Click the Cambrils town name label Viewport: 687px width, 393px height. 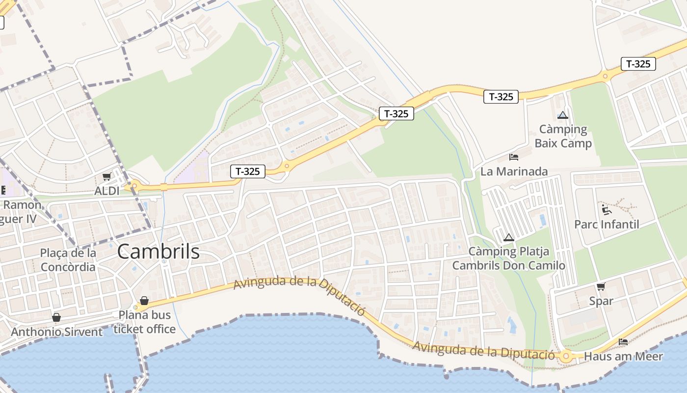pyautogui.click(x=158, y=252)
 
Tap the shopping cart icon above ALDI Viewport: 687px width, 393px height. pyautogui.click(x=106, y=177)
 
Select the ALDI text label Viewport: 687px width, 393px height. pyautogui.click(x=106, y=191)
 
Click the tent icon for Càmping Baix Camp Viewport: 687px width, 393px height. pyautogui.click(x=562, y=115)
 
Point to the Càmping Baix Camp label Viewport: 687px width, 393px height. pyautogui.click(x=563, y=137)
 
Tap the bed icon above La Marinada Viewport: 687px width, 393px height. pyautogui.click(x=514, y=157)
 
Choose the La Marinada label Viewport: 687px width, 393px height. pyautogui.click(x=514, y=171)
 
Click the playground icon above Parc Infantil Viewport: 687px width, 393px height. pyautogui.click(x=607, y=210)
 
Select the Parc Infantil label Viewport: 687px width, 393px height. pyautogui.click(x=607, y=225)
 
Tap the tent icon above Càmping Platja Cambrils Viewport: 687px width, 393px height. pyautogui.click(x=508, y=238)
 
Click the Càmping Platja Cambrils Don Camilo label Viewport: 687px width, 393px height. pyautogui.click(x=508, y=258)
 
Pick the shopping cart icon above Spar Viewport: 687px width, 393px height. pyautogui.click(x=601, y=286)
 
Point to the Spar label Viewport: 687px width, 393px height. pyautogui.click(x=601, y=301)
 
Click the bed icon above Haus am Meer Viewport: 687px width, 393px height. pyautogui.click(x=623, y=342)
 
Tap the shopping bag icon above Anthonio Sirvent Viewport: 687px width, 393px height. pyautogui.click(x=56, y=318)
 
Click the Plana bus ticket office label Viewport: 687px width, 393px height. pyautogui.click(x=144, y=322)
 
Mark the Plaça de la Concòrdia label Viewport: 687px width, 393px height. pyautogui.click(x=68, y=260)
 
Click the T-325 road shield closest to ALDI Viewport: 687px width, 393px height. pyautogui.click(x=248, y=171)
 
